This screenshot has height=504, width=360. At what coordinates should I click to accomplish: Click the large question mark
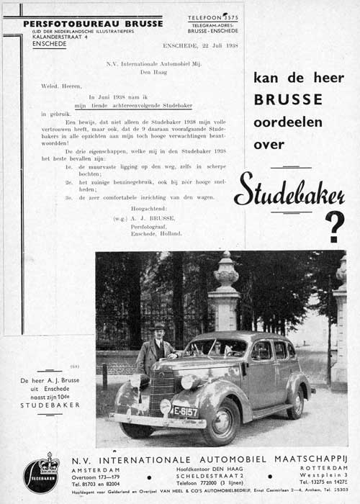coord(335,226)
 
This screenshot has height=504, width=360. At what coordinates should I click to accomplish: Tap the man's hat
coord(159,326)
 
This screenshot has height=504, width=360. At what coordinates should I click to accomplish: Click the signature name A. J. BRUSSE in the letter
coord(150,219)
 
